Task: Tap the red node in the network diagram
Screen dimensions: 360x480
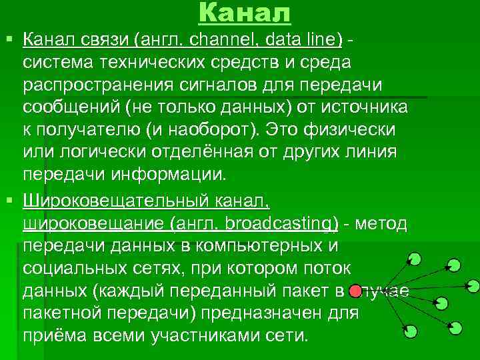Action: tap(356, 290)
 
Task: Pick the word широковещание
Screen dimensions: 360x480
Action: tap(93, 223)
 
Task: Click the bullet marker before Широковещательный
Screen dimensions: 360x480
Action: tap(9, 200)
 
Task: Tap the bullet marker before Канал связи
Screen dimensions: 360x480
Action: tap(9, 40)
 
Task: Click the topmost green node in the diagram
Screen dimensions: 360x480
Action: tap(415, 257)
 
